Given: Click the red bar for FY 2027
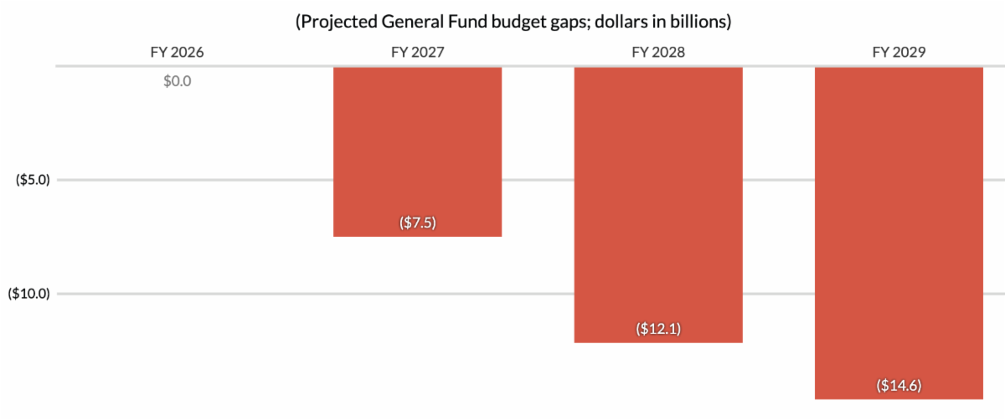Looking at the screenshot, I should pyautogui.click(x=417, y=151).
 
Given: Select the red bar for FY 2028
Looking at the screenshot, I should pyautogui.click(x=657, y=204).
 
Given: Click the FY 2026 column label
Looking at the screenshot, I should pyautogui.click(x=177, y=52).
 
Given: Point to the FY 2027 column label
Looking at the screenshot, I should pyautogui.click(x=417, y=52).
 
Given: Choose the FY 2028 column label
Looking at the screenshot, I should pyautogui.click(x=657, y=52).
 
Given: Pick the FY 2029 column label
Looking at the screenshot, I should pyautogui.click(x=899, y=52).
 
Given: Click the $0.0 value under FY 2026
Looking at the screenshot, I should pyautogui.click(x=177, y=82).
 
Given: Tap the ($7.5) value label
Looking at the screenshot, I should pyautogui.click(x=417, y=223).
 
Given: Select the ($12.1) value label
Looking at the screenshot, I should pyautogui.click(x=657, y=329).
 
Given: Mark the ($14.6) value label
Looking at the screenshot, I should pyautogui.click(x=899, y=386).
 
